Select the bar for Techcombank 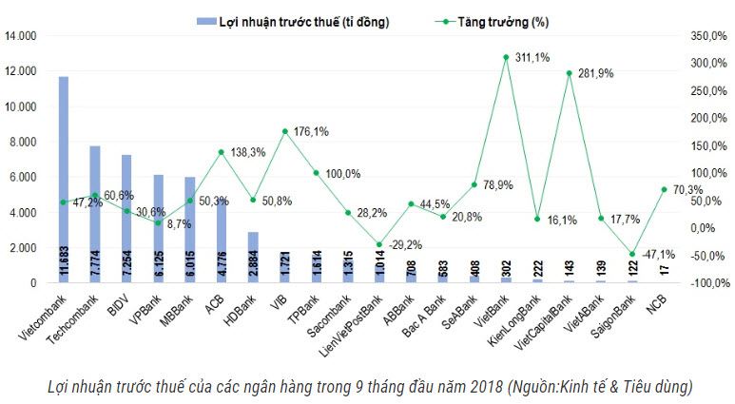pos(95,214)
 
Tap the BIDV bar pos(126,218)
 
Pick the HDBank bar pos(253,257)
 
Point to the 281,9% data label pos(601,73)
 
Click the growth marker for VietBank pos(506,57)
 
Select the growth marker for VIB pos(284,131)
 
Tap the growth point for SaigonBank pos(632,254)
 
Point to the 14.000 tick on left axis pos(20,36)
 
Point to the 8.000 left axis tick pos(23,142)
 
